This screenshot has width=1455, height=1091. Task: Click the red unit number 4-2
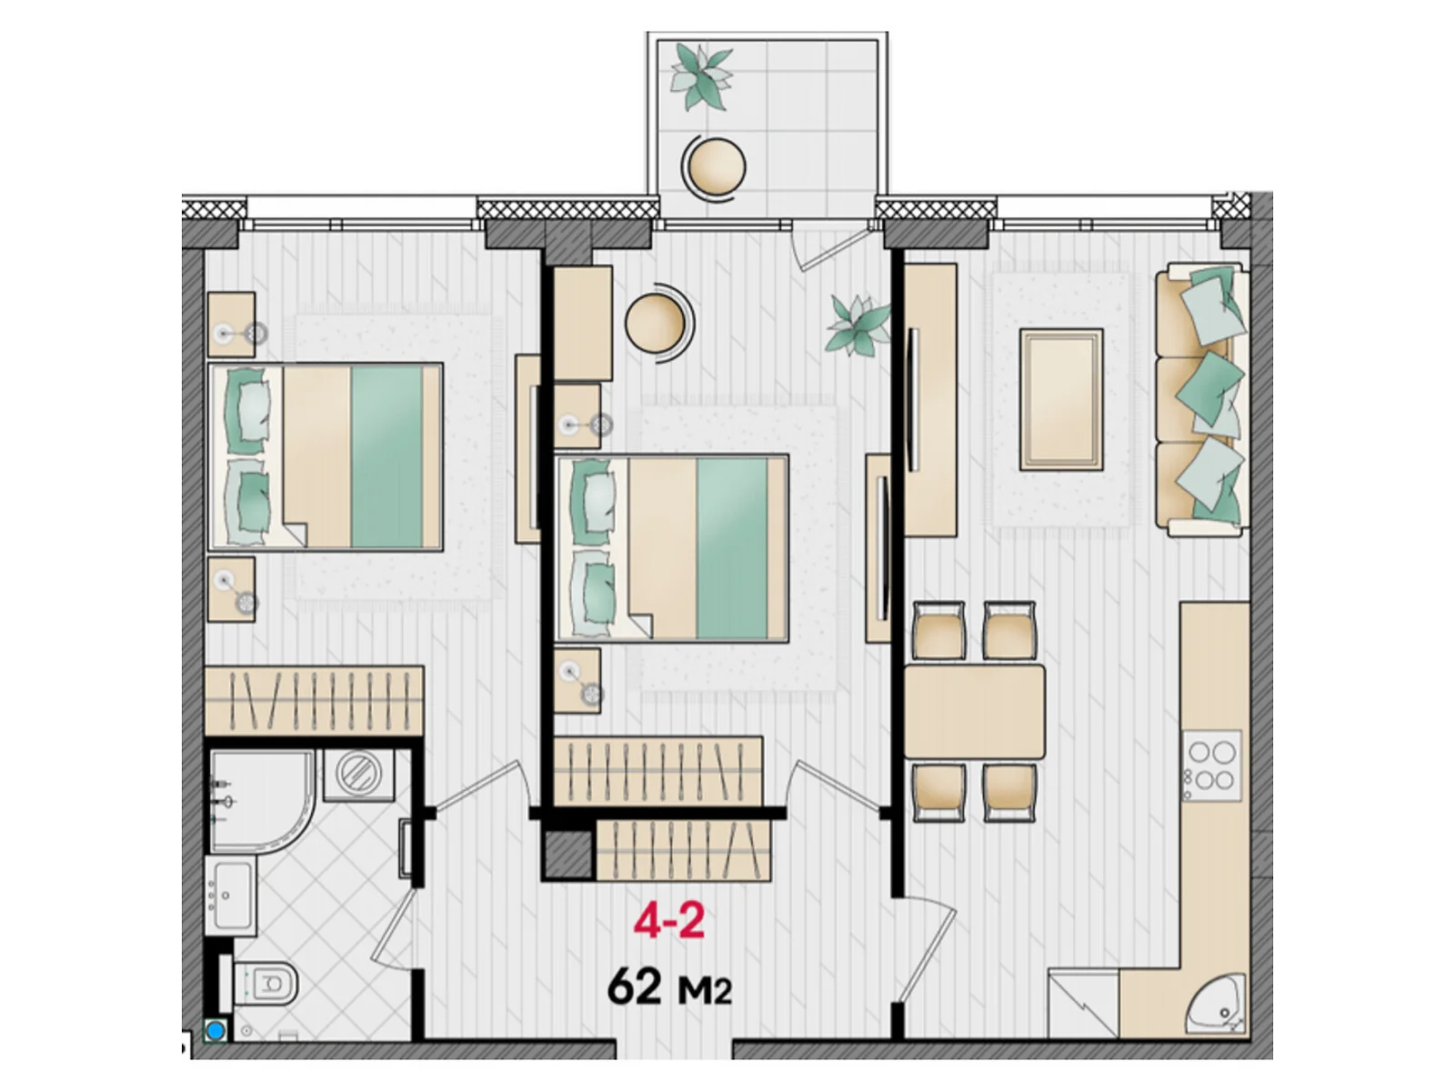click(668, 921)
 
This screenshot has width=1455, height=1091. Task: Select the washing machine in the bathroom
click(358, 776)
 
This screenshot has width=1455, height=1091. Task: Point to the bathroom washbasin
click(229, 896)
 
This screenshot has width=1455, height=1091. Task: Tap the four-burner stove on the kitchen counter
click(1211, 766)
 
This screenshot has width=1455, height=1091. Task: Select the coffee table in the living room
click(1061, 399)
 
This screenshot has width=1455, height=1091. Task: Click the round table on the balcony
click(714, 166)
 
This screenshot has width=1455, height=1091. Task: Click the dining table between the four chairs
click(975, 713)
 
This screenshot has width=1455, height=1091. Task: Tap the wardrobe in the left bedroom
click(315, 701)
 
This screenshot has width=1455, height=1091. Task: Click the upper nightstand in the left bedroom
click(231, 325)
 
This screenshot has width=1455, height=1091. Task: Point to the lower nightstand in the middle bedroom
click(578, 680)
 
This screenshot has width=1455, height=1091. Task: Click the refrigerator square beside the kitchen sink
click(1083, 1002)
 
